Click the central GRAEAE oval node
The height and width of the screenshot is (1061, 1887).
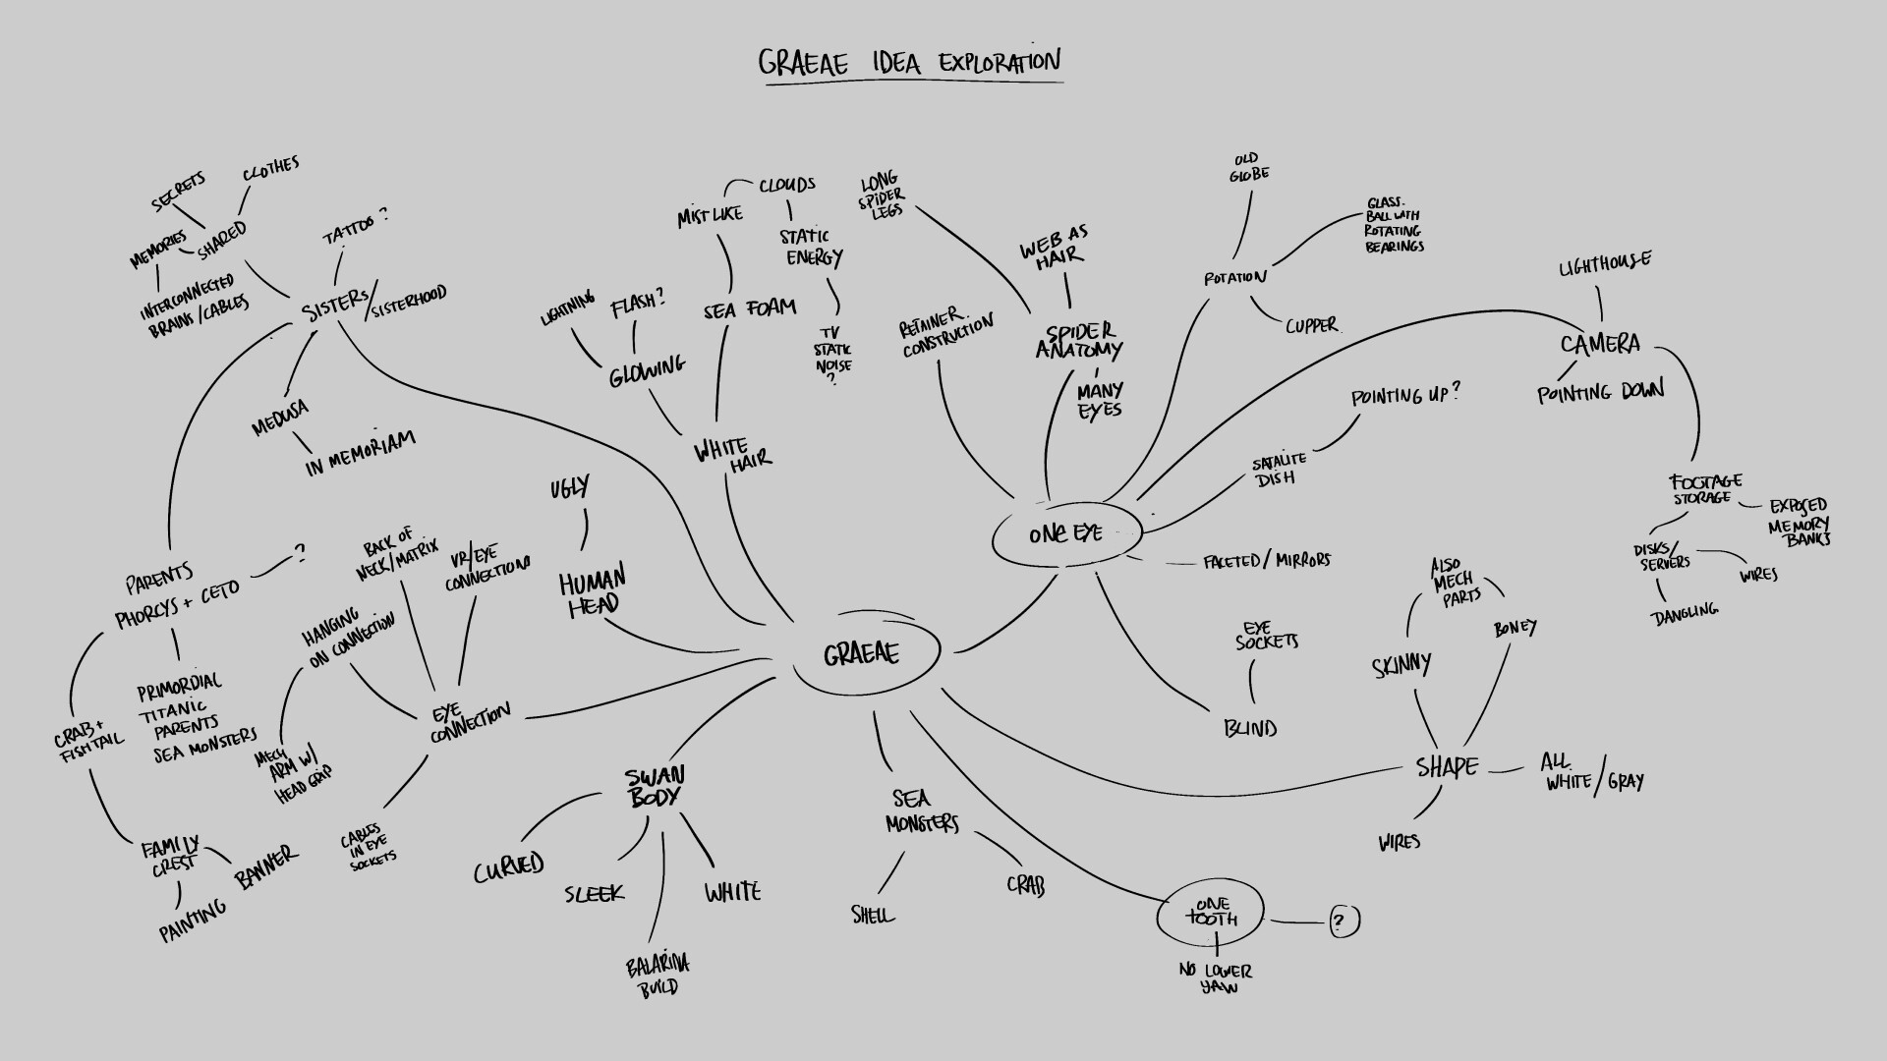coord(863,653)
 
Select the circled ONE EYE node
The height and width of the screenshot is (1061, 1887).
coord(1066,534)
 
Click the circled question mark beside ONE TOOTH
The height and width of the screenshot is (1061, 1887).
coord(1344,921)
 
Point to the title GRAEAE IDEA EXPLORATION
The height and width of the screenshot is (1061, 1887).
coord(909,63)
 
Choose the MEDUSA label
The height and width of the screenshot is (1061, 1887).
coord(280,418)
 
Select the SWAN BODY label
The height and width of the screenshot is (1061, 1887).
coord(655,787)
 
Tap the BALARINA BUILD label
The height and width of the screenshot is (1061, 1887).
coord(658,976)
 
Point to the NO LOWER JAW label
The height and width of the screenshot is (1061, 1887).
coord(1217,978)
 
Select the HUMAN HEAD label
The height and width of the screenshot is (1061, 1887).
coord(593,593)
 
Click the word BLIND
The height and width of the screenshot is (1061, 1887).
coord(1250,729)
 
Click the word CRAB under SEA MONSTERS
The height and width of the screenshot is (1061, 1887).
coord(1025,884)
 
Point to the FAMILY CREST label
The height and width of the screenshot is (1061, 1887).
coord(170,855)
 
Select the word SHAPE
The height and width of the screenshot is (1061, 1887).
coord(1447,767)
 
